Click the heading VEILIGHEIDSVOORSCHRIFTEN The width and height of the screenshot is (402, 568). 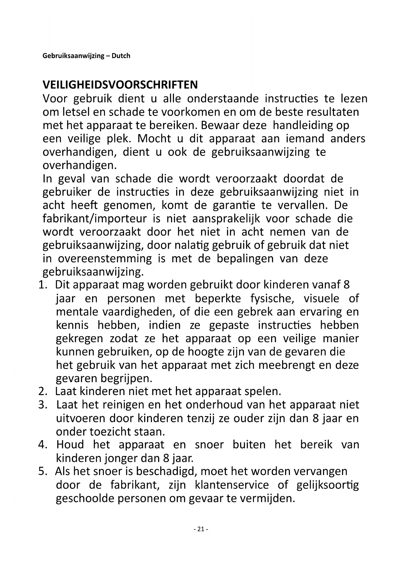pos(120,85)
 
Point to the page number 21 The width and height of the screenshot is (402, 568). pos(201,529)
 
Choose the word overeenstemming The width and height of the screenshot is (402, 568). pos(105,258)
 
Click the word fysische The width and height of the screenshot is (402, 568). pos(272,299)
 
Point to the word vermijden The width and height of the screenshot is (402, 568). pos(267,498)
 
